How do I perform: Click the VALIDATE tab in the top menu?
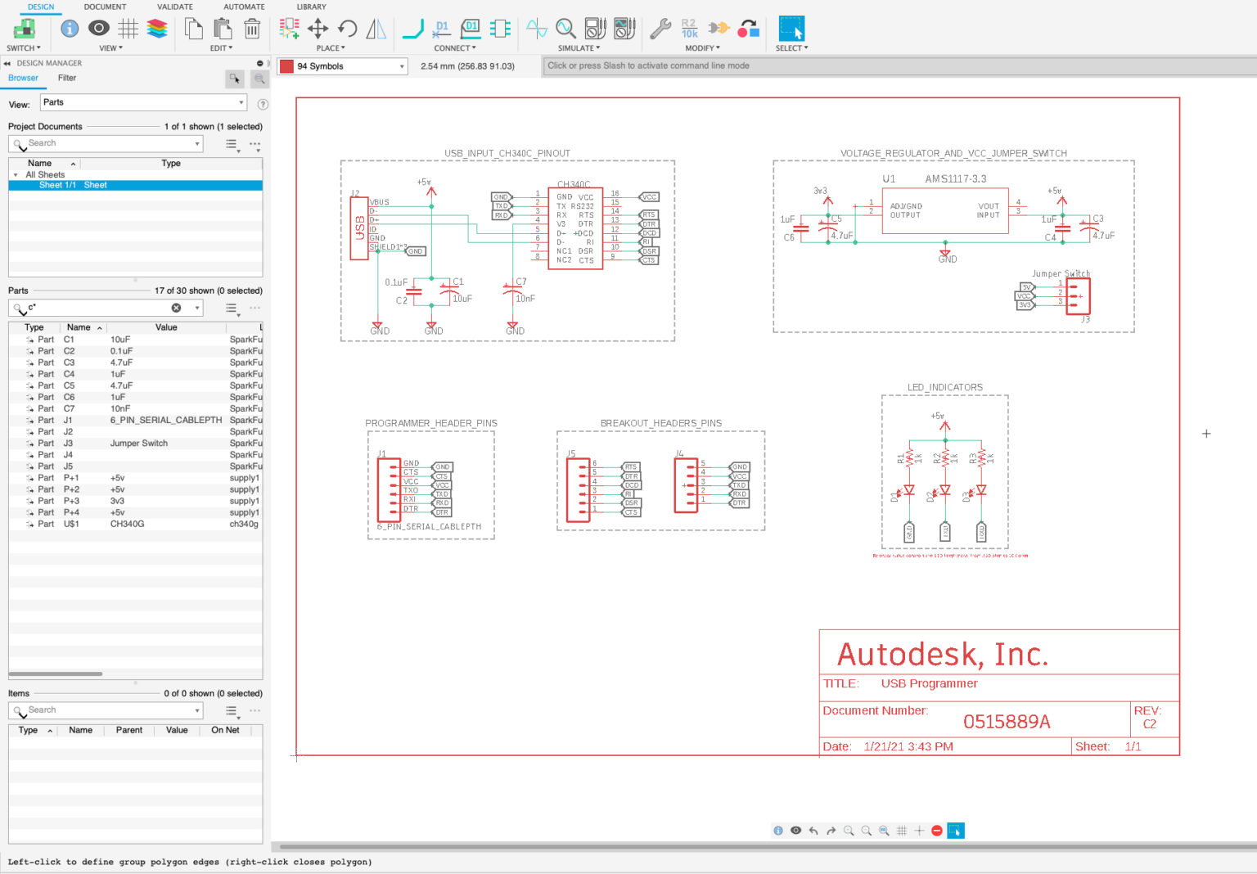click(174, 7)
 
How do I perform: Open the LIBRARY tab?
click(311, 7)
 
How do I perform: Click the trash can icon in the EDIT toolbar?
click(252, 29)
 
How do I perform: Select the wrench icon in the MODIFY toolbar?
click(660, 29)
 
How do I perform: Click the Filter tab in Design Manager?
click(67, 79)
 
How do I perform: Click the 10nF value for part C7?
click(120, 408)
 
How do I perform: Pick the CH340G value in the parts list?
click(127, 524)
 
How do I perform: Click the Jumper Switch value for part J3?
click(139, 444)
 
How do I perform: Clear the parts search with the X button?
click(176, 308)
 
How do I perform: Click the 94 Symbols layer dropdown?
click(343, 66)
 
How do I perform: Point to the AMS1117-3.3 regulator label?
click(955, 179)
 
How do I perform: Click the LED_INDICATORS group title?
click(944, 388)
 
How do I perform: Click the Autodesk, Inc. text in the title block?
click(942, 655)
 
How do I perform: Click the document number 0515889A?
click(1006, 722)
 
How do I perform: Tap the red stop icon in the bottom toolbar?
click(937, 831)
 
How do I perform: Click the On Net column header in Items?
click(225, 730)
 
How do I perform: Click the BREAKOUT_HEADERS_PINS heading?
click(660, 424)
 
